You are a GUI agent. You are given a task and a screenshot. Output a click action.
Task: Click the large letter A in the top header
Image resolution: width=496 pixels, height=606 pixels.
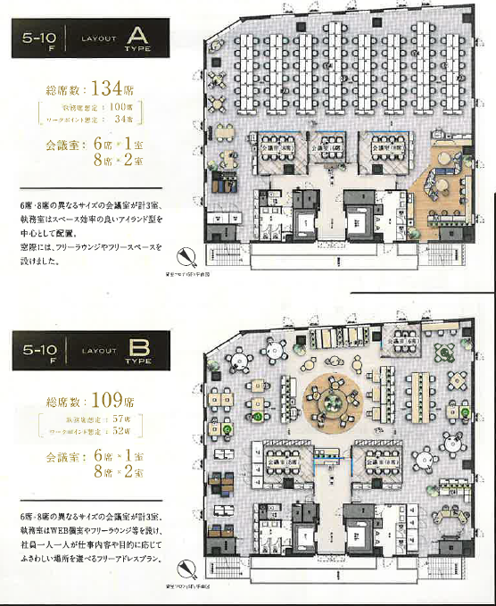point(138,38)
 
